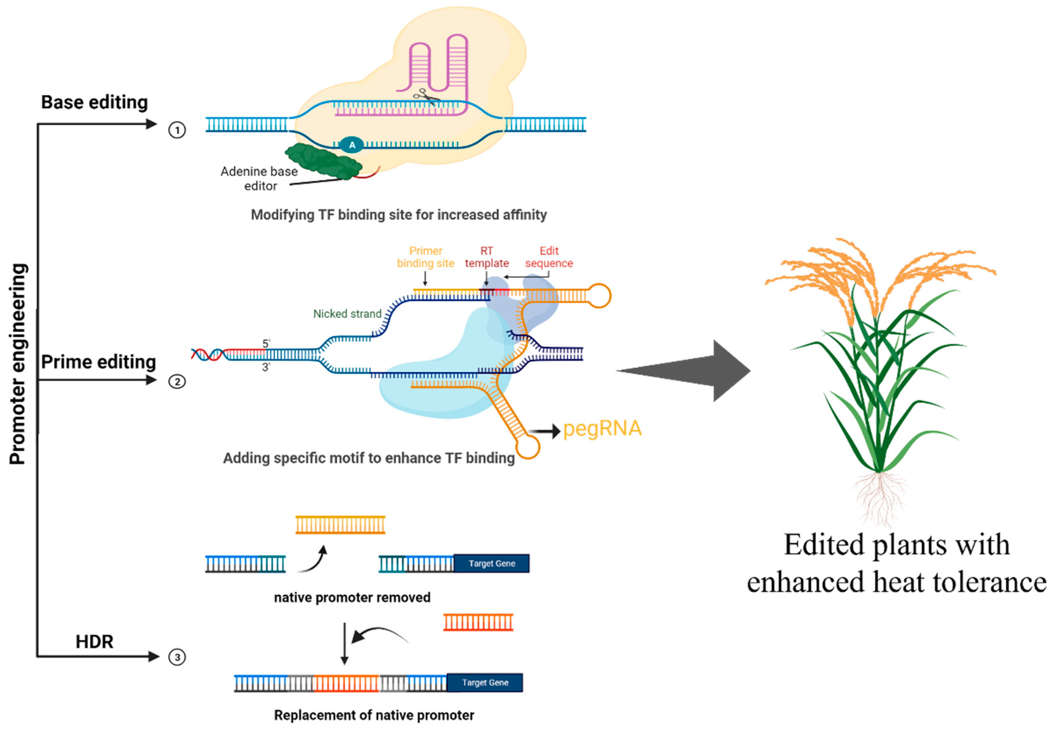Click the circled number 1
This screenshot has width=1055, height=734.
click(x=177, y=130)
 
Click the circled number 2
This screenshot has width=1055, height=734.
click(x=177, y=381)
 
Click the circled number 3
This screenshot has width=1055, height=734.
click(x=177, y=657)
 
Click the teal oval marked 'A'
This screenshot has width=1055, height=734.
click(x=352, y=145)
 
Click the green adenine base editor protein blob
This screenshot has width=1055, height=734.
click(x=324, y=161)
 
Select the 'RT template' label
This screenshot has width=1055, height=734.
click(x=487, y=257)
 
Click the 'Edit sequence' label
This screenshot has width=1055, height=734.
click(x=549, y=257)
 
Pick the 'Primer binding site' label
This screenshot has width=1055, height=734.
click(x=426, y=257)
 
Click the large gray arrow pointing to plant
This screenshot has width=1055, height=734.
click(x=689, y=371)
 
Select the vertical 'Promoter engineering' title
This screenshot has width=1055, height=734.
click(x=18, y=365)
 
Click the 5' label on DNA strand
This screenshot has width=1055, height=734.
click(x=266, y=343)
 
